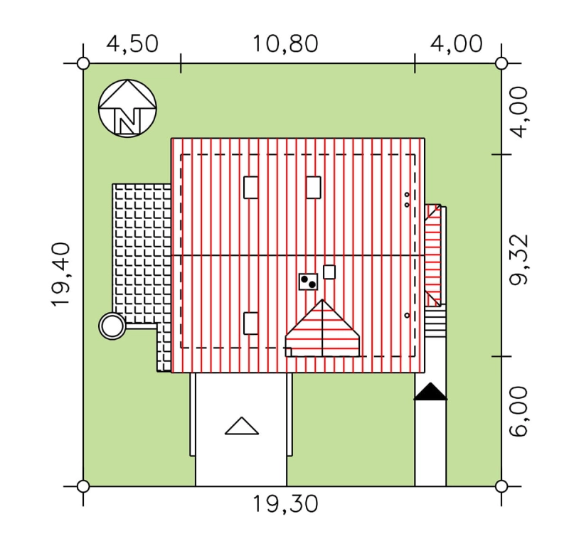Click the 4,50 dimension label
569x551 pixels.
(x=132, y=44)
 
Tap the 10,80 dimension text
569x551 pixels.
(x=285, y=44)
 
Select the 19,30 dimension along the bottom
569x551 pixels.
(x=285, y=504)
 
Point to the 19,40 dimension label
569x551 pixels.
(x=60, y=274)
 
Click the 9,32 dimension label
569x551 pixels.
(x=519, y=260)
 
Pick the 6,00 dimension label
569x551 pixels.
(x=519, y=411)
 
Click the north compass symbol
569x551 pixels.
(x=127, y=109)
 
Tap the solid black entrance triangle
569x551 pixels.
(x=430, y=392)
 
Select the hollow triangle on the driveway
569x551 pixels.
(x=242, y=426)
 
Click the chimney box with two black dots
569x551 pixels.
(x=308, y=282)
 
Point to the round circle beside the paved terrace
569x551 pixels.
(x=112, y=326)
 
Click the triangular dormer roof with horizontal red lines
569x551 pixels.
(x=322, y=328)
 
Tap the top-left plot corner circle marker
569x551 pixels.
(x=83, y=63)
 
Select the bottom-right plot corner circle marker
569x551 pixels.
(x=501, y=486)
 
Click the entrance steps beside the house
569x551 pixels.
(x=435, y=321)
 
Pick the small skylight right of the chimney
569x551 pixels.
(x=329, y=272)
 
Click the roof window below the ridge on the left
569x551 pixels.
(x=251, y=323)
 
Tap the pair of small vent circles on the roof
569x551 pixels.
(x=407, y=200)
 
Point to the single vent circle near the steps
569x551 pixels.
(x=407, y=316)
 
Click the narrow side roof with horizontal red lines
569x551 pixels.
(x=433, y=255)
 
